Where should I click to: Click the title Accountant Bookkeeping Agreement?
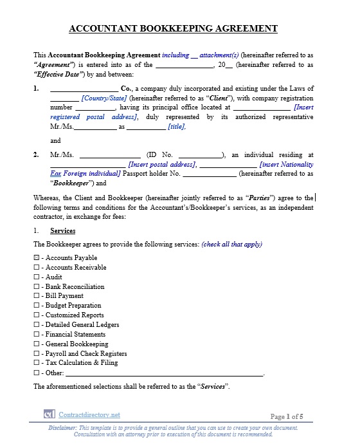[x=173, y=28]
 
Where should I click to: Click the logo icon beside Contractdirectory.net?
[x=49, y=415]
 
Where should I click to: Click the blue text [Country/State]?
[x=104, y=98]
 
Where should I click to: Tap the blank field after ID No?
[x=200, y=155]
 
